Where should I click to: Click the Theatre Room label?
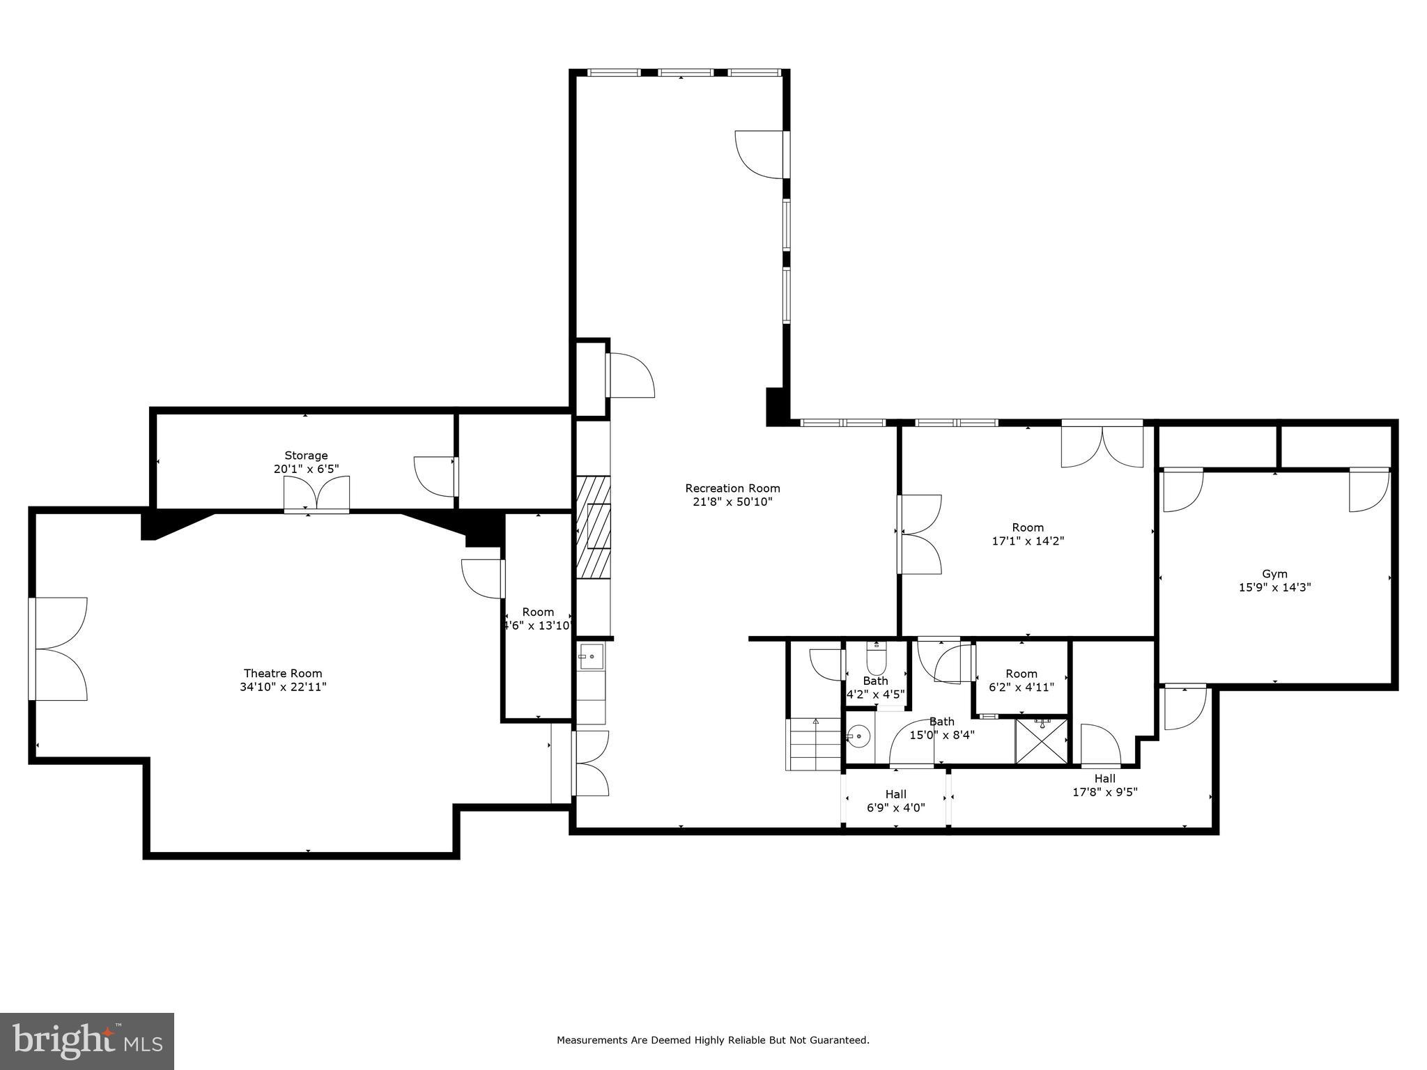coord(282,673)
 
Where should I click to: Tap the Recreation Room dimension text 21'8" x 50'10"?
coord(732,502)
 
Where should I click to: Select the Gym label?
coord(1274,574)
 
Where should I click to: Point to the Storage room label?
coord(306,456)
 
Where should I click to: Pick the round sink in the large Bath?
coord(861,736)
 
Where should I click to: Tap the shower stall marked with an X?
coord(1041,741)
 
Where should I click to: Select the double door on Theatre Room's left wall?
coord(59,649)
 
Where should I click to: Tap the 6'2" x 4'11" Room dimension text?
coord(1021,687)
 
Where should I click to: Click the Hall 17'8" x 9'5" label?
coord(1104,779)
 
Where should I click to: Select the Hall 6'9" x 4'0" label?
coord(895,794)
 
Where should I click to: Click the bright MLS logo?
coord(87,1040)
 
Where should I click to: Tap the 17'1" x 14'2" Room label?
coord(1028,527)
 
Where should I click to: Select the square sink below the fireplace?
coord(591,656)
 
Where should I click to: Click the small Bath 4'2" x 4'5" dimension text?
coord(875,694)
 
